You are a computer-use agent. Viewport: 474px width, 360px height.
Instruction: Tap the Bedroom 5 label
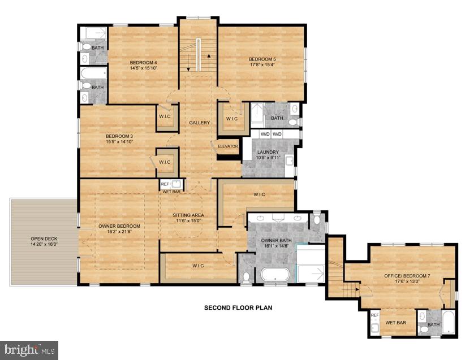262,59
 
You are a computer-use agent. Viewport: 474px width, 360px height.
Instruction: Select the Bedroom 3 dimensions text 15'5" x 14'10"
119,142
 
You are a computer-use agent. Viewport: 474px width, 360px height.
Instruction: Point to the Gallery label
199,123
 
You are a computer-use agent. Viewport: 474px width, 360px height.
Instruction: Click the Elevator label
229,146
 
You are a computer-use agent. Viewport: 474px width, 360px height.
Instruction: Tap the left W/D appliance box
265,135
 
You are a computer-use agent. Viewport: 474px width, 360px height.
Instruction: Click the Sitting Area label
188,215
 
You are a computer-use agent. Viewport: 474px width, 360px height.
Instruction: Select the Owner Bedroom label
119,226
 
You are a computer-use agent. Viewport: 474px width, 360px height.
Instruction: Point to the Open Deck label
44,238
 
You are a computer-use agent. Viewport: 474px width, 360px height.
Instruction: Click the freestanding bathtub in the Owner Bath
275,275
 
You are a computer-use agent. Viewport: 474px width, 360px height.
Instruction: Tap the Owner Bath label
275,240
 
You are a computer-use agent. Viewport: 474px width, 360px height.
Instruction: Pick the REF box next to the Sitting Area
165,184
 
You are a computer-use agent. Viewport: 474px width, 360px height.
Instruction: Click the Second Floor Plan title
238,308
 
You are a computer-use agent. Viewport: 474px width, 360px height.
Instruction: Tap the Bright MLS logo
29,350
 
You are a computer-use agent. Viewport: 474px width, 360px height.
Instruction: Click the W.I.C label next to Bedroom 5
231,119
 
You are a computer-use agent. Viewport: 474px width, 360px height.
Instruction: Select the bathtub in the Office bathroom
448,323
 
